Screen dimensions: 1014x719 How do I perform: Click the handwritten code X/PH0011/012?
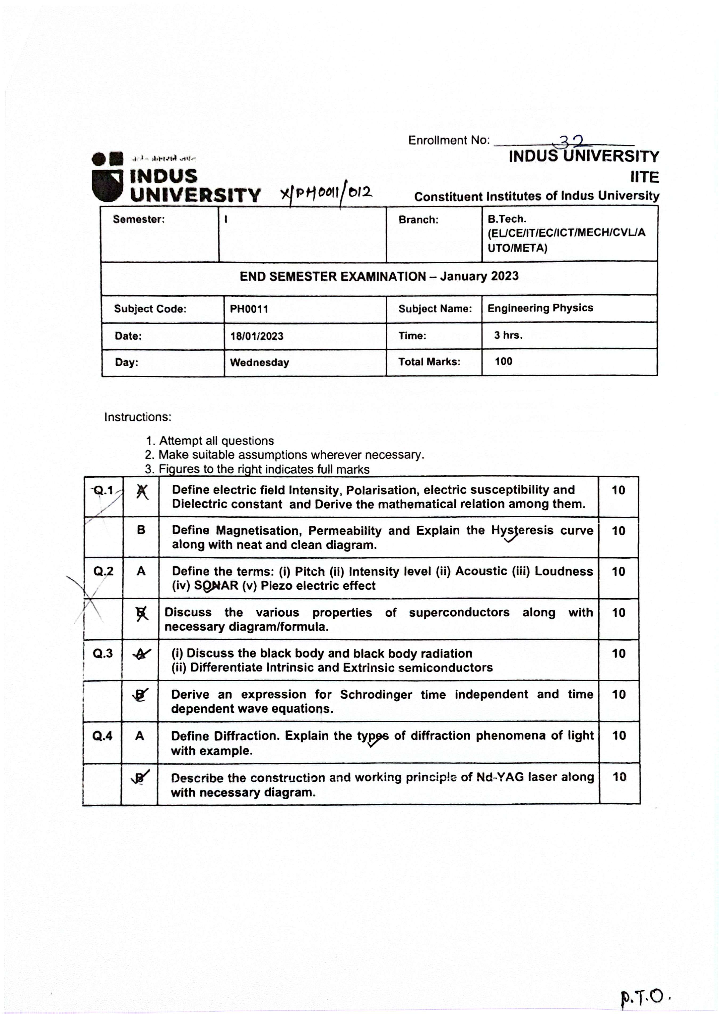(x=326, y=193)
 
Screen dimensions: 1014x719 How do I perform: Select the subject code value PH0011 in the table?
(x=249, y=309)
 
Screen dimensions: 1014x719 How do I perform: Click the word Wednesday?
(x=259, y=362)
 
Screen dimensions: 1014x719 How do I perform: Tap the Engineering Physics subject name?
(x=540, y=308)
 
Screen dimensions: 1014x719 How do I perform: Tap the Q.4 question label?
(x=102, y=736)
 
